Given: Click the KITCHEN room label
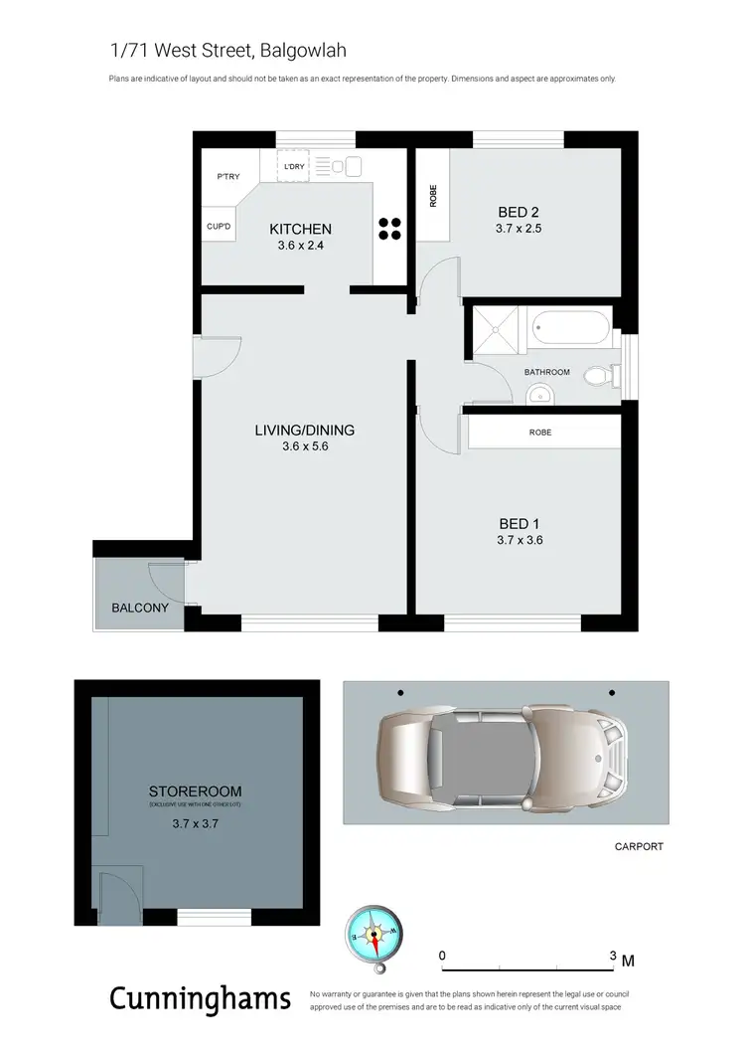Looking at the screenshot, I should tap(300, 230).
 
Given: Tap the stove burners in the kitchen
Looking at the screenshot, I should tap(389, 229).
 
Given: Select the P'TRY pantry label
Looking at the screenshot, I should tap(228, 177).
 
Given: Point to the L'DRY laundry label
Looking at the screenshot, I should tap(294, 166).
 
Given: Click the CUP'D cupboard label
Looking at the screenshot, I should tap(219, 227).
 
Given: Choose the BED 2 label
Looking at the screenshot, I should tap(518, 211).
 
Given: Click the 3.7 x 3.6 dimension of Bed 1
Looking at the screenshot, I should tap(520, 541).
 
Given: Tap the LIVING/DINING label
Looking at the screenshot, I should tap(304, 431).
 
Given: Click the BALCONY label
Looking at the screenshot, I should tap(139, 608).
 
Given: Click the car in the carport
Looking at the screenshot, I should tap(504, 753).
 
